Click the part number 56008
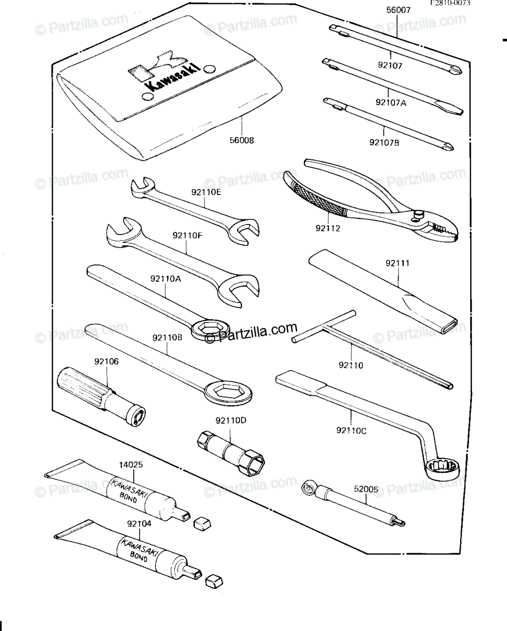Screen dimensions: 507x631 coord(242,140)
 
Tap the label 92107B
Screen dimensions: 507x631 coord(384,143)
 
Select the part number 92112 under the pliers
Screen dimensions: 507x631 coord(328,228)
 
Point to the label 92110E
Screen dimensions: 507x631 coord(206,192)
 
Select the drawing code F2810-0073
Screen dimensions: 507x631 coord(450,3)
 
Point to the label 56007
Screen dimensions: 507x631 coord(398,10)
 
